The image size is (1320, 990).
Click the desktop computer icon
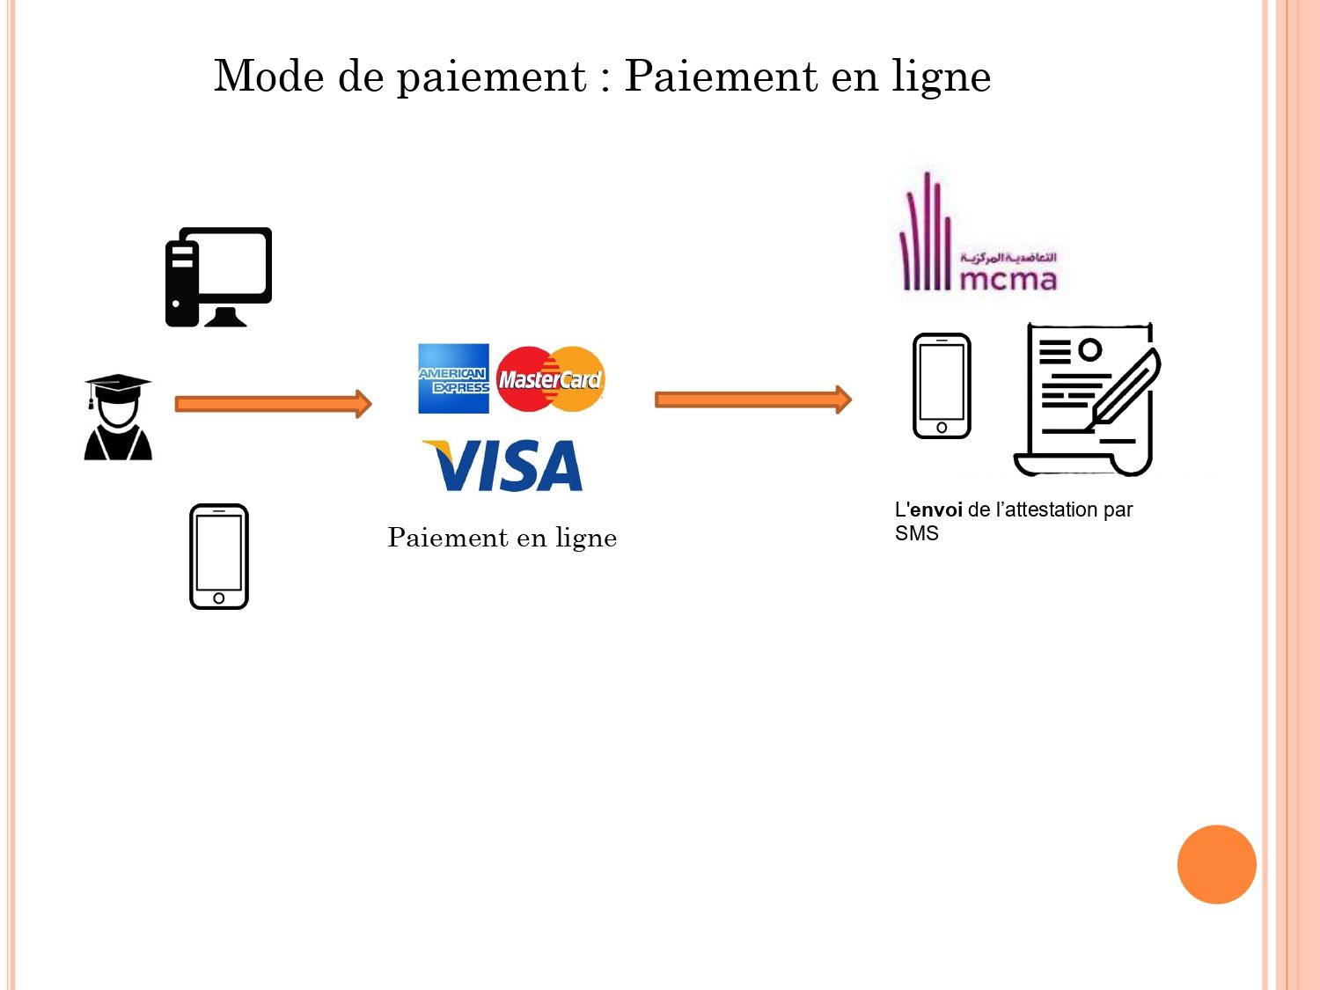click(x=218, y=276)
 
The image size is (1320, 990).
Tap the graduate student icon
click(x=118, y=419)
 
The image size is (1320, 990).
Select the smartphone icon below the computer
click(x=219, y=556)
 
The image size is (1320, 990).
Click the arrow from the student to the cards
click(x=273, y=404)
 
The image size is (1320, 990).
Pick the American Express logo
click(x=453, y=378)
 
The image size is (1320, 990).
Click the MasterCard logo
click(x=551, y=379)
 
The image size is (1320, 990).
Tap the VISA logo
click(x=503, y=466)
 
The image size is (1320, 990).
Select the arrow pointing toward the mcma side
click(x=752, y=400)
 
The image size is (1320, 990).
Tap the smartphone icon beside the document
click(x=942, y=385)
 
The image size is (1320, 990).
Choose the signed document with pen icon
click(x=1089, y=400)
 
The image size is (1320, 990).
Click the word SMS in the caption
click(x=916, y=534)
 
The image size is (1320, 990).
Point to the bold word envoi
click(x=936, y=510)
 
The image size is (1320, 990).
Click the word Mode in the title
click(x=269, y=76)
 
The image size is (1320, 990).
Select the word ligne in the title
click(x=941, y=77)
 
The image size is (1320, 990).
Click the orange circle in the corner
click(x=1216, y=864)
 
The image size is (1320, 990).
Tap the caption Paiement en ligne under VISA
click(x=502, y=538)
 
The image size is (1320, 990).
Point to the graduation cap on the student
click(x=118, y=385)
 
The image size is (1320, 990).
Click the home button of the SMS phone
click(x=942, y=428)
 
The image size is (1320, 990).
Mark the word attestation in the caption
click(x=1052, y=510)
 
